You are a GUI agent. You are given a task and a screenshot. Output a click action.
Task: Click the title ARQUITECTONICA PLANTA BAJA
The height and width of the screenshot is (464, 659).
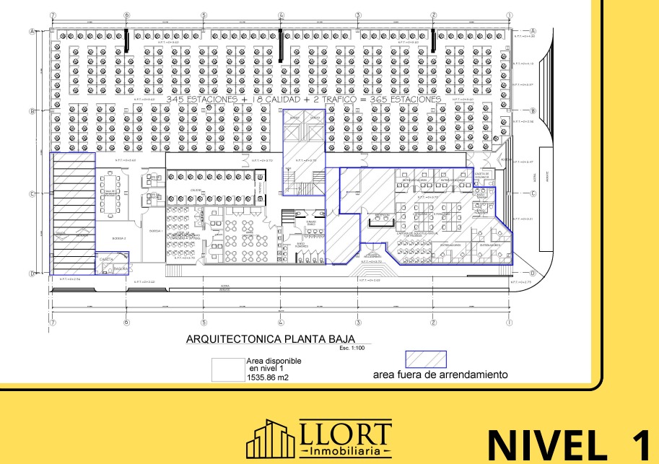(278, 338)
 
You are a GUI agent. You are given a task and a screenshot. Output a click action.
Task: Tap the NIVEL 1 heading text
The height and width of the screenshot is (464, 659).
(571, 442)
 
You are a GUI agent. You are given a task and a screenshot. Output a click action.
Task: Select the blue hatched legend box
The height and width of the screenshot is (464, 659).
(426, 359)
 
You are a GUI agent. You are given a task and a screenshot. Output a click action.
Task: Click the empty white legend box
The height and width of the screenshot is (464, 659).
(226, 368)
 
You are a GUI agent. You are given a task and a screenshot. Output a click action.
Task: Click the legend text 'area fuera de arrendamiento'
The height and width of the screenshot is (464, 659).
(440, 375)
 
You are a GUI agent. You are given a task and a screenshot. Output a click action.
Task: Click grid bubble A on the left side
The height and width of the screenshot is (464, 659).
(32, 31)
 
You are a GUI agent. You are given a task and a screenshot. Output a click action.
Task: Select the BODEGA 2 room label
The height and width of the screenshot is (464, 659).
(120, 238)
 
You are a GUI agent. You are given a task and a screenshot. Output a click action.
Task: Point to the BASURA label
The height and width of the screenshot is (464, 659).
(120, 268)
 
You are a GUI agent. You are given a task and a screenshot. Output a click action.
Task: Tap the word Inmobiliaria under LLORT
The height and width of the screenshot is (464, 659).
(344, 451)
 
